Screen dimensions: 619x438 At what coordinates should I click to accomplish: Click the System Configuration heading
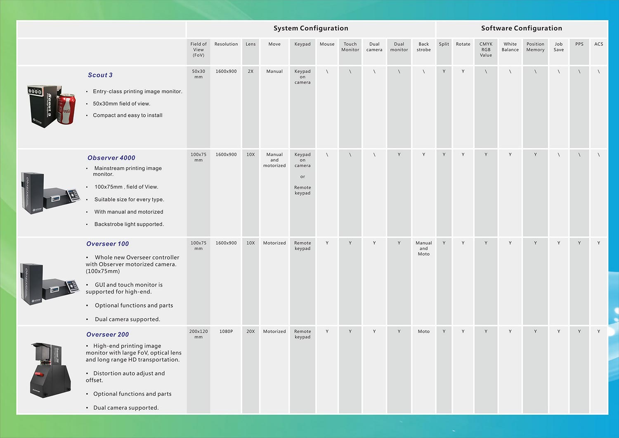(311, 28)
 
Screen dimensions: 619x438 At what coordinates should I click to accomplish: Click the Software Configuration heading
(522, 28)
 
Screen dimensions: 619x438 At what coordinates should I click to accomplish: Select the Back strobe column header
(424, 47)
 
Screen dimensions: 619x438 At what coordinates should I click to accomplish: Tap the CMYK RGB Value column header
(486, 50)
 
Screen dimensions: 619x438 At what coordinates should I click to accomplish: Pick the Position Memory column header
(535, 47)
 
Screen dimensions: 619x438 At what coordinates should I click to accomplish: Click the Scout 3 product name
(100, 75)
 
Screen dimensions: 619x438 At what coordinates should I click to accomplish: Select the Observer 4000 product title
(111, 158)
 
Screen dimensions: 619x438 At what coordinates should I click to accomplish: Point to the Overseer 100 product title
(107, 244)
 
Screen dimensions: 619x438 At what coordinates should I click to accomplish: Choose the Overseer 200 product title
(107, 334)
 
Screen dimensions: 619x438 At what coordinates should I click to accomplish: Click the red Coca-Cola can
(66, 109)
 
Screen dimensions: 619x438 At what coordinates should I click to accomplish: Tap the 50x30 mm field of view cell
(198, 74)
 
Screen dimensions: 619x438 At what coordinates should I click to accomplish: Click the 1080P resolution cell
(226, 331)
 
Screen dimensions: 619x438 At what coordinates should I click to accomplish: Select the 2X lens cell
(250, 71)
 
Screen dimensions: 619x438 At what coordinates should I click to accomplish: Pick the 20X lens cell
(250, 331)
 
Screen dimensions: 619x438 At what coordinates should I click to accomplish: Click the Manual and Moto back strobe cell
(424, 249)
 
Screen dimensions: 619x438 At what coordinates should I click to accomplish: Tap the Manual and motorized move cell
(274, 160)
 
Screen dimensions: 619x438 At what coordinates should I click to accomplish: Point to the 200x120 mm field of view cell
(198, 334)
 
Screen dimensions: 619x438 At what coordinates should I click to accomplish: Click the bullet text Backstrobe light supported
(129, 224)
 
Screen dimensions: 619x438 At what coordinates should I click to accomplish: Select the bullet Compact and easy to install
(128, 115)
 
